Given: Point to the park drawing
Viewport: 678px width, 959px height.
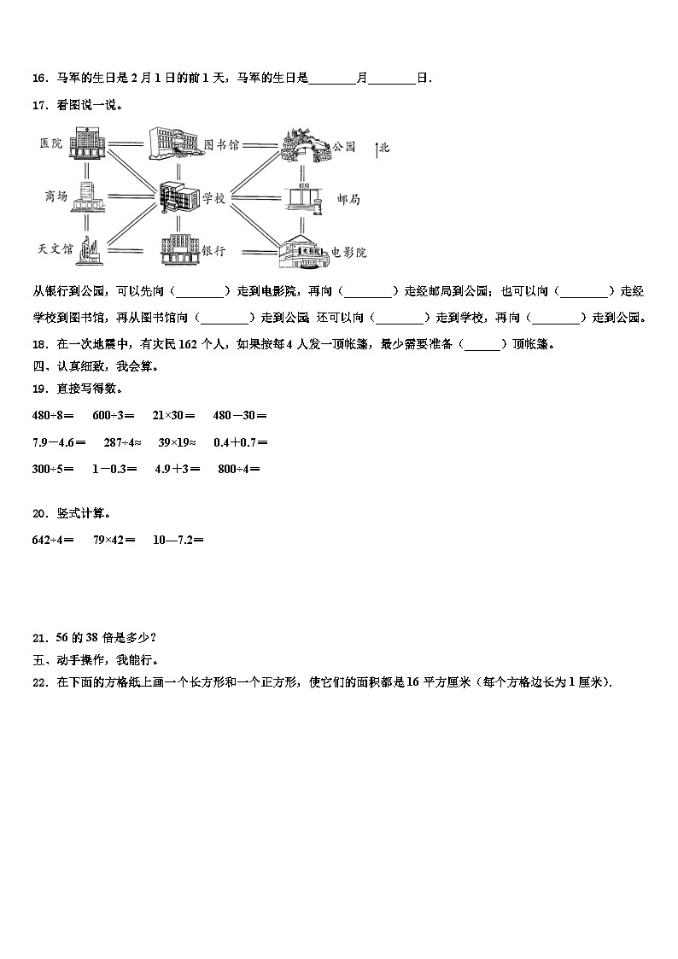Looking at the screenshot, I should click(x=305, y=145).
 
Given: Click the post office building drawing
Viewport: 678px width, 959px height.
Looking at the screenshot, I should click(x=303, y=197).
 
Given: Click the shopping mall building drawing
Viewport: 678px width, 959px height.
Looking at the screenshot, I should click(x=88, y=198).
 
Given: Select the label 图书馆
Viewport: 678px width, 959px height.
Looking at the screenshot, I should click(x=222, y=145).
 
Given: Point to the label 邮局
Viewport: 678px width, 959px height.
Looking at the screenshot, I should click(x=348, y=199).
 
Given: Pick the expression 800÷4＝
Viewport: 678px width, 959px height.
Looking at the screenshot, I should click(x=239, y=469).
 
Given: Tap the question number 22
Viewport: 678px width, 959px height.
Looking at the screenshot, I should click(x=38, y=681).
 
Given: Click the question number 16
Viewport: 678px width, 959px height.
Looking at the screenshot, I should click(x=38, y=79).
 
